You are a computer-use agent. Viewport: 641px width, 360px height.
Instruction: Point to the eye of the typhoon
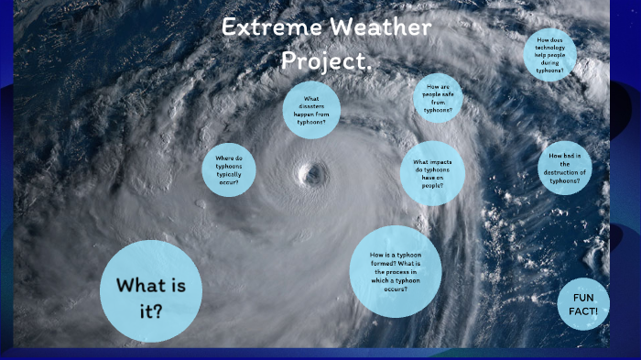pyautogui.click(x=313, y=173)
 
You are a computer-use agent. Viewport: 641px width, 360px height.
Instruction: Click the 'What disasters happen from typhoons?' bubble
pyautogui.click(x=311, y=110)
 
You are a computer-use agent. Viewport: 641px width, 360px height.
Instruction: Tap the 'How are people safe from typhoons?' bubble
pyautogui.click(x=438, y=97)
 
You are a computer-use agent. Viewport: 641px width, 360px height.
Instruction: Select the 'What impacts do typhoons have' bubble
pyautogui.click(x=432, y=173)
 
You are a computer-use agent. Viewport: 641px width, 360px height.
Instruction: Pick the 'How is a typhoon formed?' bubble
pyautogui.click(x=396, y=271)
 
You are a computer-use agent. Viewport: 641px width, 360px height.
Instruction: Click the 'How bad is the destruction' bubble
pyautogui.click(x=564, y=168)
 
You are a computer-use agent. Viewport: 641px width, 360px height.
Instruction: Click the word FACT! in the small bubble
pyautogui.click(x=584, y=311)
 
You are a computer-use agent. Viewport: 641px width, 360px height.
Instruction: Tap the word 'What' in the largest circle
pyautogui.click(x=138, y=285)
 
